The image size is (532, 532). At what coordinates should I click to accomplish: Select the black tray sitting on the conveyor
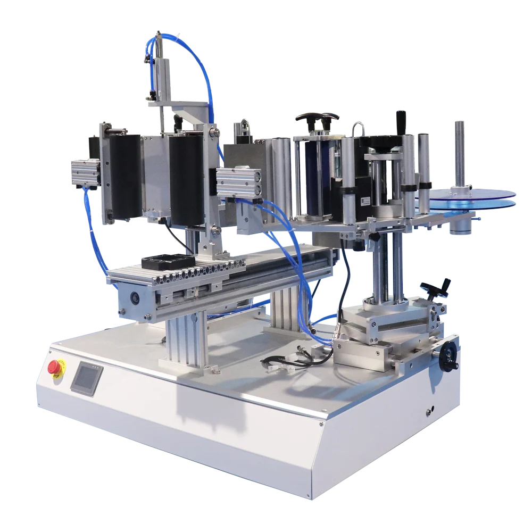point(167,262)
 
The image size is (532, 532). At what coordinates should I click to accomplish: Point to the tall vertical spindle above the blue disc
point(459,154)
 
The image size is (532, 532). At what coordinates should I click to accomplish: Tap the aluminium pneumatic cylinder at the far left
point(84,173)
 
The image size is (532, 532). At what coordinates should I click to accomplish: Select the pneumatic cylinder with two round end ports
point(239,182)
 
